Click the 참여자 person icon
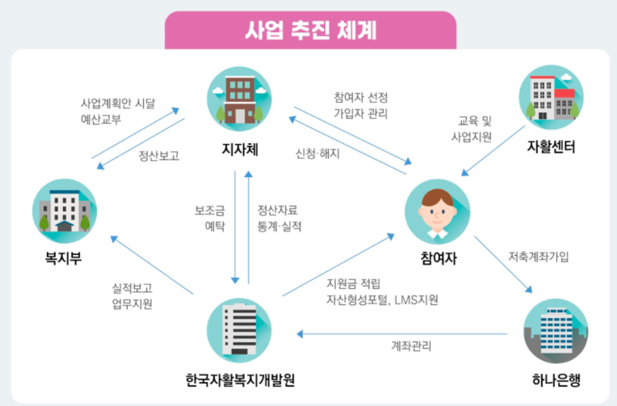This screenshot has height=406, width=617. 437,211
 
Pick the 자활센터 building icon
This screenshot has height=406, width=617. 550,97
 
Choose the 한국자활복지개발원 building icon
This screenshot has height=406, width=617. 239,330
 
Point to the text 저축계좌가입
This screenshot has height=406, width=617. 538,257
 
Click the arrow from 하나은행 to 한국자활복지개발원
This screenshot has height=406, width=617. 403,334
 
